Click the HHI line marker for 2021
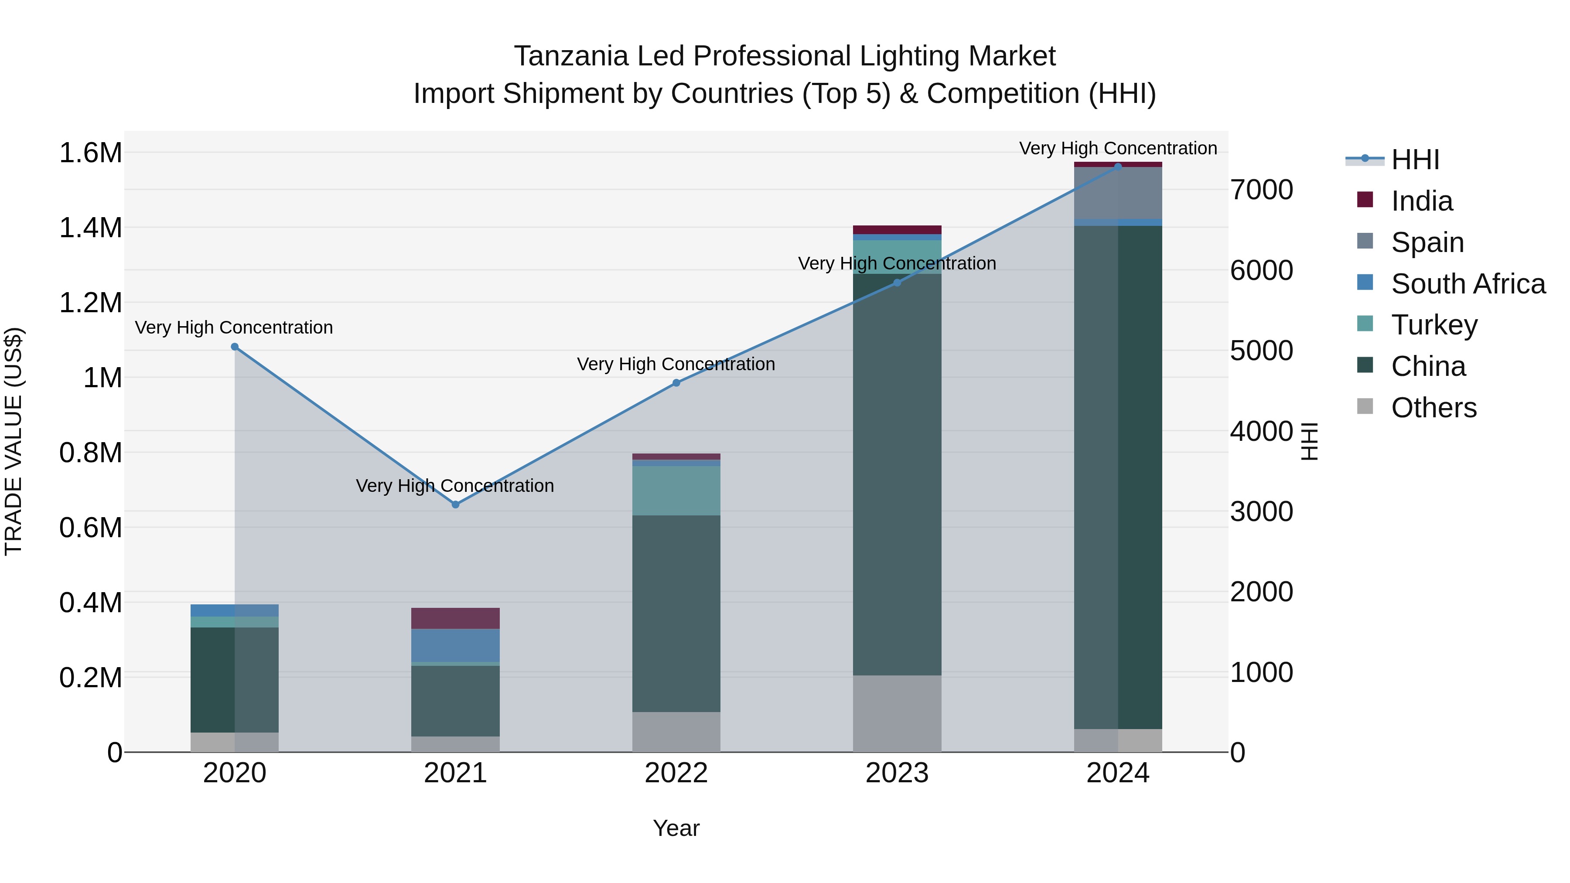pyautogui.click(x=455, y=505)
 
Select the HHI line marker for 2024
pyautogui.click(x=1118, y=167)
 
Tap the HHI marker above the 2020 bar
pyautogui.click(x=235, y=347)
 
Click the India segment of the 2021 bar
pyautogui.click(x=455, y=618)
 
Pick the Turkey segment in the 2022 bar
pyautogui.click(x=676, y=491)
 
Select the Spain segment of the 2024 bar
pyautogui.click(x=1118, y=193)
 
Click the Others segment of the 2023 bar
pyautogui.click(x=897, y=713)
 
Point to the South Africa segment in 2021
pyautogui.click(x=455, y=645)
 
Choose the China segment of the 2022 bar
pyautogui.click(x=676, y=613)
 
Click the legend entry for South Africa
pyautogui.click(x=1468, y=284)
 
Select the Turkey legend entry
pyautogui.click(x=1433, y=325)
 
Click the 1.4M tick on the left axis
pyautogui.click(x=90, y=228)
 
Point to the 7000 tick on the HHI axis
pyautogui.click(x=1261, y=190)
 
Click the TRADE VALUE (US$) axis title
pyautogui.click(x=14, y=441)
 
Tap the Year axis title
pyautogui.click(x=676, y=828)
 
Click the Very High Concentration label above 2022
pyautogui.click(x=676, y=365)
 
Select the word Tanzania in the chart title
pyautogui.click(x=570, y=56)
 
